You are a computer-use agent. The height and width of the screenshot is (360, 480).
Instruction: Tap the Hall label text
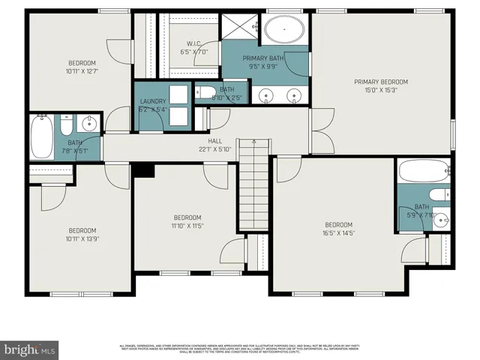215,140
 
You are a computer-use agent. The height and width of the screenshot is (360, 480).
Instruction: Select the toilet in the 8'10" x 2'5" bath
204,93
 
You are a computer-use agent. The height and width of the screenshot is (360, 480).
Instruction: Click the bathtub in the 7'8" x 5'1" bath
43,136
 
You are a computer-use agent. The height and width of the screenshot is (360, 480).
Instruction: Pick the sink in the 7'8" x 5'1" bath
90,121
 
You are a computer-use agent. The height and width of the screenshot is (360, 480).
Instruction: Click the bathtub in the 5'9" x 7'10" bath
424,172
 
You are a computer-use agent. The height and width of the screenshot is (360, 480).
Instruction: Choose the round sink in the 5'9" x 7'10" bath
442,220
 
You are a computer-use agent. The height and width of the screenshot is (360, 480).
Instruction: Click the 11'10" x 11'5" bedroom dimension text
187,226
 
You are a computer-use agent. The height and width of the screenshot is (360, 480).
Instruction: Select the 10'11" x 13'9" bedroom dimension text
82,239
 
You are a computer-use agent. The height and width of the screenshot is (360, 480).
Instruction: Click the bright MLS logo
30,349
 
